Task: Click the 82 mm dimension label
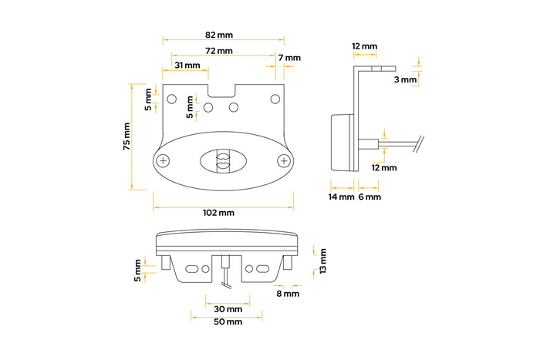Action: pyautogui.click(x=219, y=35)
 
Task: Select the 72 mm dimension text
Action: pyautogui.click(x=219, y=51)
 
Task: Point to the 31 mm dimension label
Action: pyautogui.click(x=188, y=66)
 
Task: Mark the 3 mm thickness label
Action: pyautogui.click(x=404, y=79)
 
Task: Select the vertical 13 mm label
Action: pyautogui.click(x=323, y=261)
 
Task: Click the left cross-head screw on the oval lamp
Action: pyautogui.click(x=163, y=160)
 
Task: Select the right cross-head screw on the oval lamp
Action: pyautogui.click(x=285, y=160)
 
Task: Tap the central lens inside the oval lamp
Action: pyautogui.click(x=223, y=161)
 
